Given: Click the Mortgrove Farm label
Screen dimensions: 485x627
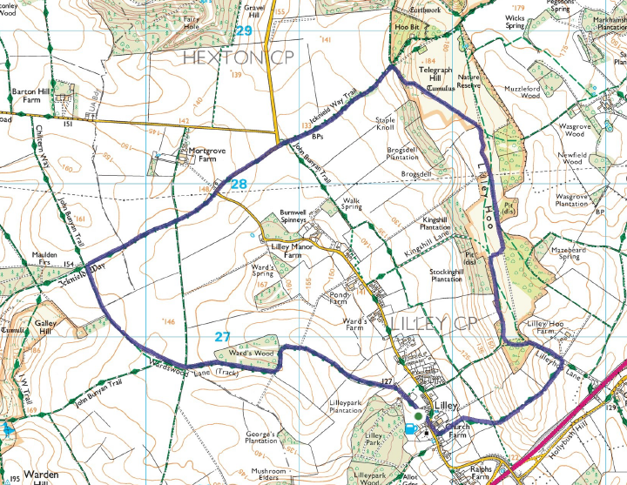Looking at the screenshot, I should pyautogui.click(x=207, y=155).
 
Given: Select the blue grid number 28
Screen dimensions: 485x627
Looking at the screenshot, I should pyautogui.click(x=239, y=184).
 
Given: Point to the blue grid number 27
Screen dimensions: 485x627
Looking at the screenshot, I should pyautogui.click(x=223, y=336).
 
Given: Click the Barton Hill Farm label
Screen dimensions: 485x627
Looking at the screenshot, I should pyautogui.click(x=25, y=96).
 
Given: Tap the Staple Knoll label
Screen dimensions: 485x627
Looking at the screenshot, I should pyautogui.click(x=385, y=124).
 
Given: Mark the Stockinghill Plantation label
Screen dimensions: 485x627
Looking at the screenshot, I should pyautogui.click(x=446, y=276).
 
